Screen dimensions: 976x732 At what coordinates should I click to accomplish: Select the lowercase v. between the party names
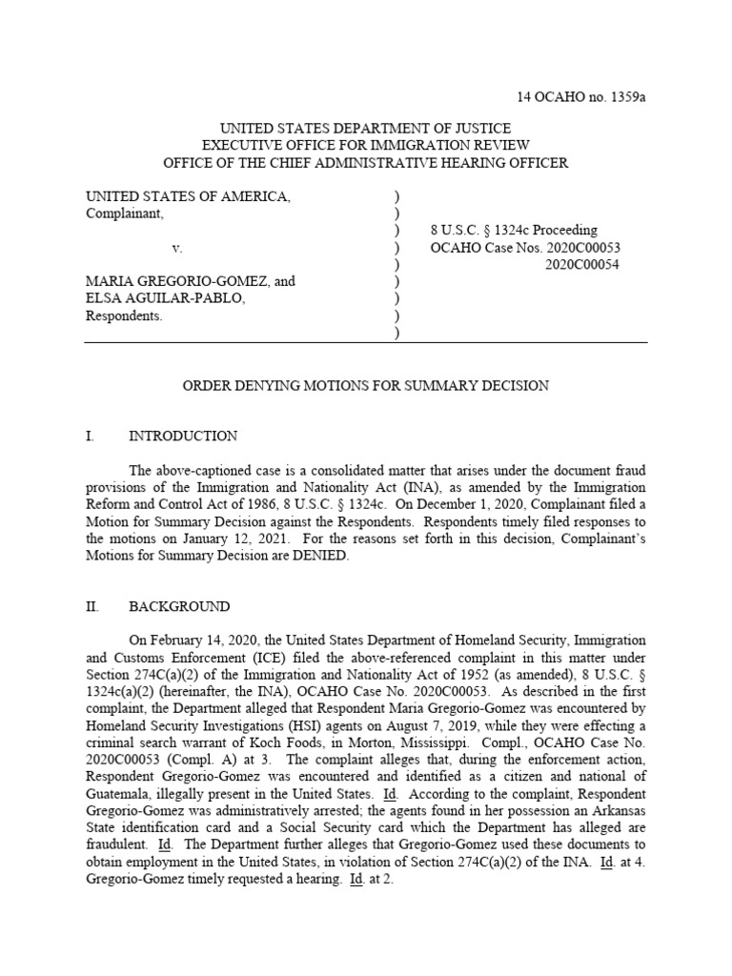[x=176, y=248]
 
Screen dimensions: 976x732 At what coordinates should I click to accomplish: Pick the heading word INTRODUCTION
[x=183, y=437]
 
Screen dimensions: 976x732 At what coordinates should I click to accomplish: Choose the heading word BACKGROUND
[x=179, y=606]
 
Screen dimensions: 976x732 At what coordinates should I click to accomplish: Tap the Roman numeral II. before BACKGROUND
[x=91, y=606]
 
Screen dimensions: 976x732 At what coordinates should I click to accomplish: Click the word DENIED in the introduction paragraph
[x=322, y=557]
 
